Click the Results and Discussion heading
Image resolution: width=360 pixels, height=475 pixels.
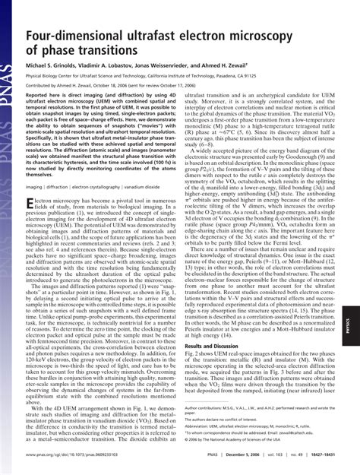218,346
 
